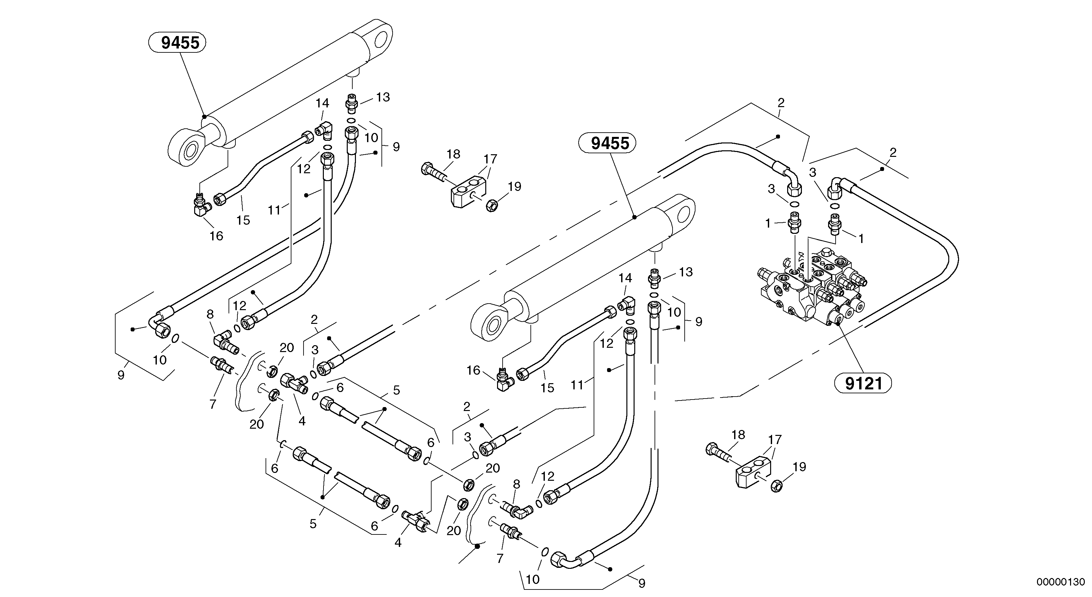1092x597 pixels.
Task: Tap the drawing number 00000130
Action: [x=1060, y=582]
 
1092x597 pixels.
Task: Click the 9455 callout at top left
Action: [x=180, y=43]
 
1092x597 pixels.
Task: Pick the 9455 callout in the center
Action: [x=610, y=144]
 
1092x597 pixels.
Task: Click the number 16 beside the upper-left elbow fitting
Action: [x=216, y=236]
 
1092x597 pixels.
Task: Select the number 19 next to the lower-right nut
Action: [x=799, y=467]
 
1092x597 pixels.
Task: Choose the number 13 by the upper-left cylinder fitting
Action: [x=383, y=97]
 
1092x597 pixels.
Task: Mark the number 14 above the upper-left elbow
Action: [x=322, y=103]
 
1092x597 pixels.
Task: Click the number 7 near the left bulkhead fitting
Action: [x=213, y=404]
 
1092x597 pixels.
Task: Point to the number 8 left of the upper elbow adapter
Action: [x=210, y=314]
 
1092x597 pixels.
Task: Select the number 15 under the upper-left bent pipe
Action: [x=243, y=220]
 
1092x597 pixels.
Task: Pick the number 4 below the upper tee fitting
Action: [x=302, y=421]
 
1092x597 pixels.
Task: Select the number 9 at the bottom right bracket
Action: [x=642, y=584]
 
